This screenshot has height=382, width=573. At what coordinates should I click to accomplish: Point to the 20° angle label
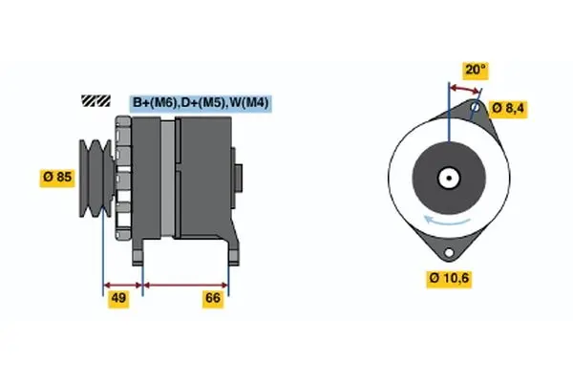coord(475,69)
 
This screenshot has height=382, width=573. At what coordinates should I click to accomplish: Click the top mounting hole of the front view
coord(475,109)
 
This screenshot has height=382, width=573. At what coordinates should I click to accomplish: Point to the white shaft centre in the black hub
coord(447,178)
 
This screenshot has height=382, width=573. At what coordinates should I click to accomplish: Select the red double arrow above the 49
coord(122,284)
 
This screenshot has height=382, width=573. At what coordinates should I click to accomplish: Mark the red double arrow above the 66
coord(185,284)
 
